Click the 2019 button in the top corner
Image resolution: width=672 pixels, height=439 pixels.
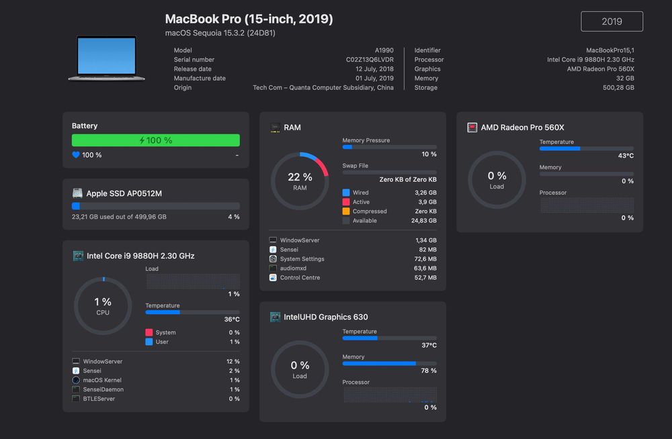click(612, 21)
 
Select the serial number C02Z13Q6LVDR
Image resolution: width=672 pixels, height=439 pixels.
click(370, 60)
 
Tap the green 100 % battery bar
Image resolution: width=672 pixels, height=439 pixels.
click(155, 140)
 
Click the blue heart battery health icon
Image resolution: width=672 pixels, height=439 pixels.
click(76, 155)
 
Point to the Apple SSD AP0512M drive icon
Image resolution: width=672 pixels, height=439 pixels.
click(77, 193)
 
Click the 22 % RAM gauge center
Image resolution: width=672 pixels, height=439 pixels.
click(300, 181)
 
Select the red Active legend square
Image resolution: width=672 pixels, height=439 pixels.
click(346, 202)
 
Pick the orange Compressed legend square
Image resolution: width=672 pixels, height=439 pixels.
click(346, 211)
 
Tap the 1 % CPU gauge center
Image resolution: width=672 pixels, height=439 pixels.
click(103, 306)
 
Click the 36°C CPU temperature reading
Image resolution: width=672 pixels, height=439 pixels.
click(232, 320)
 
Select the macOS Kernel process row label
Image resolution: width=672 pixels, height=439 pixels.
click(102, 380)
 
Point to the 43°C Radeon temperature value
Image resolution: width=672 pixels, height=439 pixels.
click(626, 156)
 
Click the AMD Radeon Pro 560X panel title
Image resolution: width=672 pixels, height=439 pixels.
click(522, 128)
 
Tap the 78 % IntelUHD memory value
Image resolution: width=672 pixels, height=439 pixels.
click(429, 371)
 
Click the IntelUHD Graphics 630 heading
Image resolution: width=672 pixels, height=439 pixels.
click(326, 317)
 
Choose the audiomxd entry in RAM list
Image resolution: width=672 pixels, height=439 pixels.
click(295, 269)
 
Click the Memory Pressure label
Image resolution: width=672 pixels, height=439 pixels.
click(366, 140)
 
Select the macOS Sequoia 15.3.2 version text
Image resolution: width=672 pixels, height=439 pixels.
click(220, 33)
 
